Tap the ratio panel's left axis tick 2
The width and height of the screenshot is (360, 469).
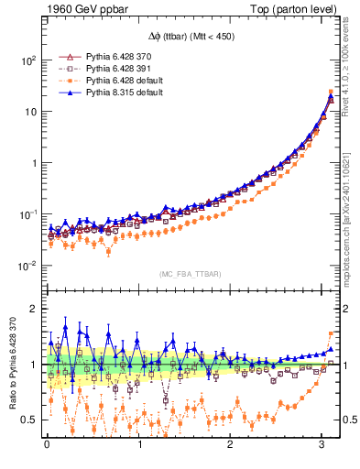34,309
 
